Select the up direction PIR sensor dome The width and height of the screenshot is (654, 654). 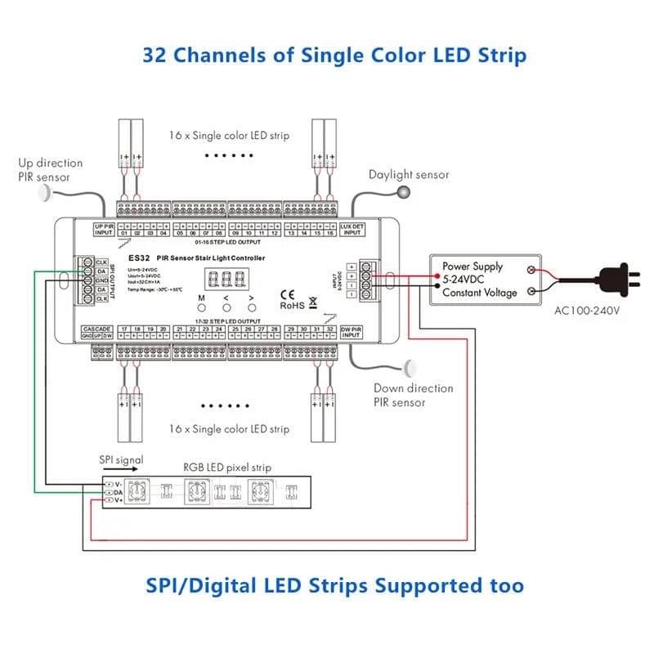click(44, 193)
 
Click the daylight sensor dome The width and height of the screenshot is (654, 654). click(403, 192)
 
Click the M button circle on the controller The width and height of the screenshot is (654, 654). click(200, 307)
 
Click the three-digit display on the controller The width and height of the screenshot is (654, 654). click(226, 280)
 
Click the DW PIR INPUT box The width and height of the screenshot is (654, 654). click(351, 332)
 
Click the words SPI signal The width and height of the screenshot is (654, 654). click(120, 461)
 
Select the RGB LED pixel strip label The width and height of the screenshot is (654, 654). click(227, 468)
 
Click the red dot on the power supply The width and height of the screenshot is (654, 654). click(533, 269)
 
